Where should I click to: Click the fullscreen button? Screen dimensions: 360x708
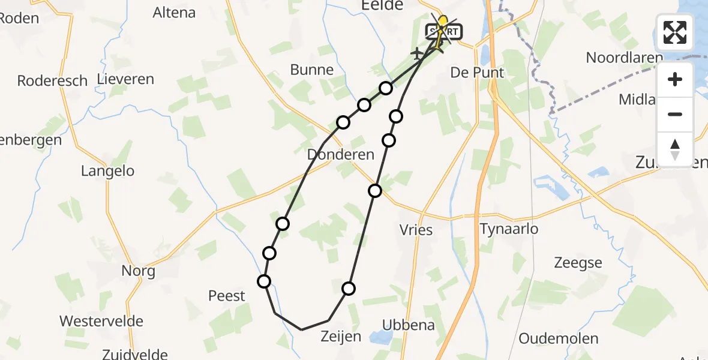pos(675,32)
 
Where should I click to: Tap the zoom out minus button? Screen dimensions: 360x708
pos(675,114)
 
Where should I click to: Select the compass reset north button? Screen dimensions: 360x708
pos(675,149)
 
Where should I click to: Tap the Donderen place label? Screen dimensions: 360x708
pos(340,154)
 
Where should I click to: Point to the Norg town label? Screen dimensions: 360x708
pos(139,271)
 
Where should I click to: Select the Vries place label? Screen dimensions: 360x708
pos(416,229)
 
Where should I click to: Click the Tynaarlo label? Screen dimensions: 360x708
pos(509,229)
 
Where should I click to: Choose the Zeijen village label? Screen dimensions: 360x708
pos(340,336)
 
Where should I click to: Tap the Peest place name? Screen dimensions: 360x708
pos(227,295)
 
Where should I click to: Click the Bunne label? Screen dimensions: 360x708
pos(311,70)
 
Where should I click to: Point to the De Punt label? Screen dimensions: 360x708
pos(478,73)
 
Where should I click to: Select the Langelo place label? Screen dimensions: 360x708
pos(108,171)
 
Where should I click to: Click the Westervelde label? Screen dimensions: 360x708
pos(101,320)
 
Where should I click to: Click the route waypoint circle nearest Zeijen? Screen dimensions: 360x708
pos(349,289)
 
